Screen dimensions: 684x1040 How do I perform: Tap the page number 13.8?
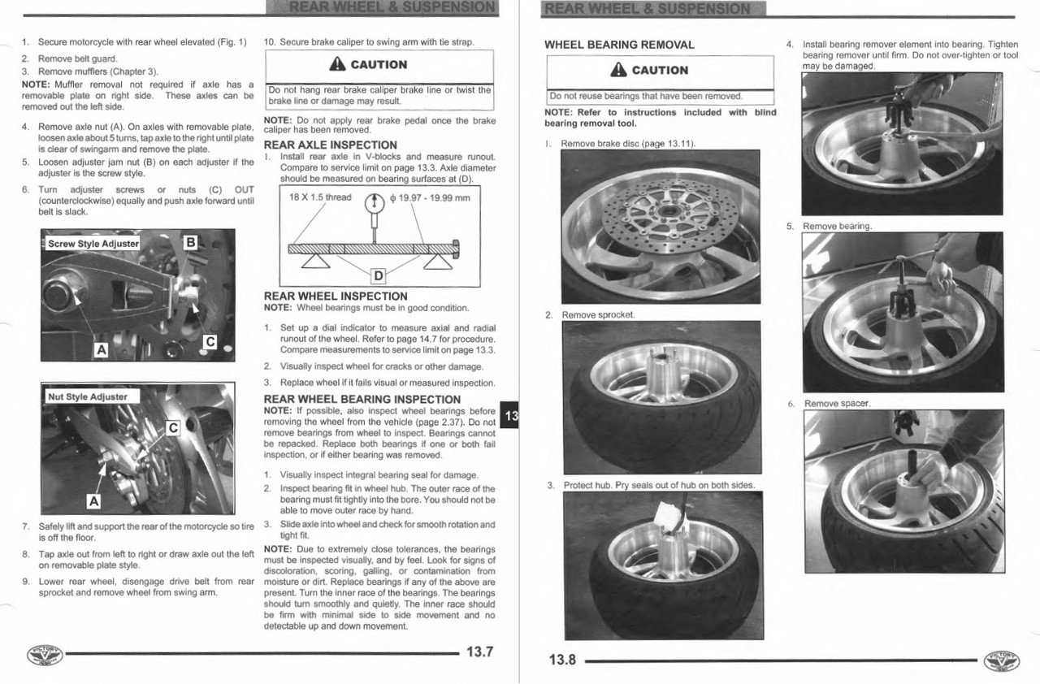coord(561,660)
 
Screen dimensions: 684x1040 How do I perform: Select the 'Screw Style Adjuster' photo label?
coord(93,244)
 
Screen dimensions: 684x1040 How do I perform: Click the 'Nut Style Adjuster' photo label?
coord(88,396)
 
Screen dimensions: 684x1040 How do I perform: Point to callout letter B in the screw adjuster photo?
coord(190,241)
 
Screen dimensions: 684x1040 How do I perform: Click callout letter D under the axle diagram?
coord(378,275)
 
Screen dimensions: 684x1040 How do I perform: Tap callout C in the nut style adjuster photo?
coord(171,427)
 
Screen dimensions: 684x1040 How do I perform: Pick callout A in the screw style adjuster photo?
coord(101,350)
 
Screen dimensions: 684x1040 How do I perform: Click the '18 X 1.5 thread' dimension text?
coord(321,197)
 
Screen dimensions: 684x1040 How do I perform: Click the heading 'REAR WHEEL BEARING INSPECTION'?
coord(362,399)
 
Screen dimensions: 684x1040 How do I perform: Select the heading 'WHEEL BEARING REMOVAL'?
coord(619,45)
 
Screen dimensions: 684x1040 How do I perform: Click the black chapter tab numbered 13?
coord(510,416)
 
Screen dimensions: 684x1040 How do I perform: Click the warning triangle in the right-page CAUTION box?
coord(619,70)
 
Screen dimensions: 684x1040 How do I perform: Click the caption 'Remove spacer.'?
coord(837,404)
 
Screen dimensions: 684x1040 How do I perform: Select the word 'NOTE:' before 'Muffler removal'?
coord(36,84)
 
